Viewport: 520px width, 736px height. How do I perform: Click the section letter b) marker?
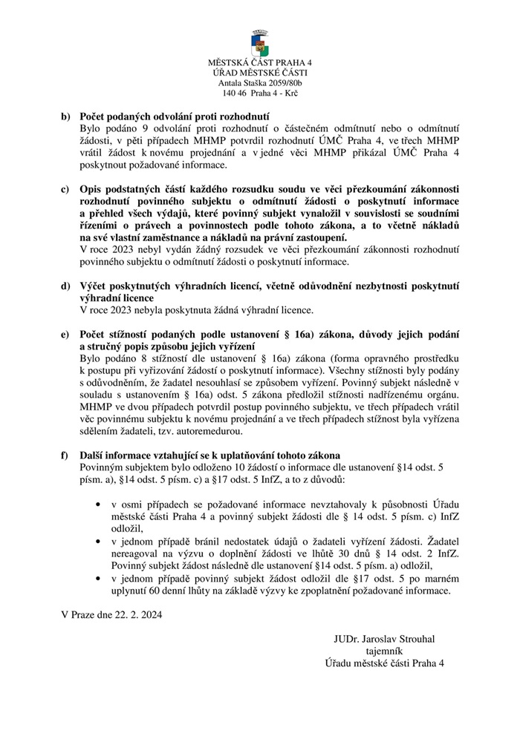tap(65, 116)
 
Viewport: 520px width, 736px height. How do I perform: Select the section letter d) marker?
tap(65, 286)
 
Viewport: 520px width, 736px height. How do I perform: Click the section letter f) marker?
tap(65, 456)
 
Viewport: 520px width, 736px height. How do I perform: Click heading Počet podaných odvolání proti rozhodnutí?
tap(175, 116)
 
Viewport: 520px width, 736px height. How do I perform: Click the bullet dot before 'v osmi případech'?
tap(100, 504)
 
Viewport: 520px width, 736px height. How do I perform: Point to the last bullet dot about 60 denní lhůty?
tap(100, 576)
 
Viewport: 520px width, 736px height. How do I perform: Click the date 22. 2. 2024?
tap(135, 614)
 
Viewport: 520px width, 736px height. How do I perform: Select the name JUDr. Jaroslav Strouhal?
tap(384, 639)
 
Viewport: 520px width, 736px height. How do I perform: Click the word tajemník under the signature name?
tap(384, 651)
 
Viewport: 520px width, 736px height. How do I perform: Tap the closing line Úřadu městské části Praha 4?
tap(384, 663)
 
